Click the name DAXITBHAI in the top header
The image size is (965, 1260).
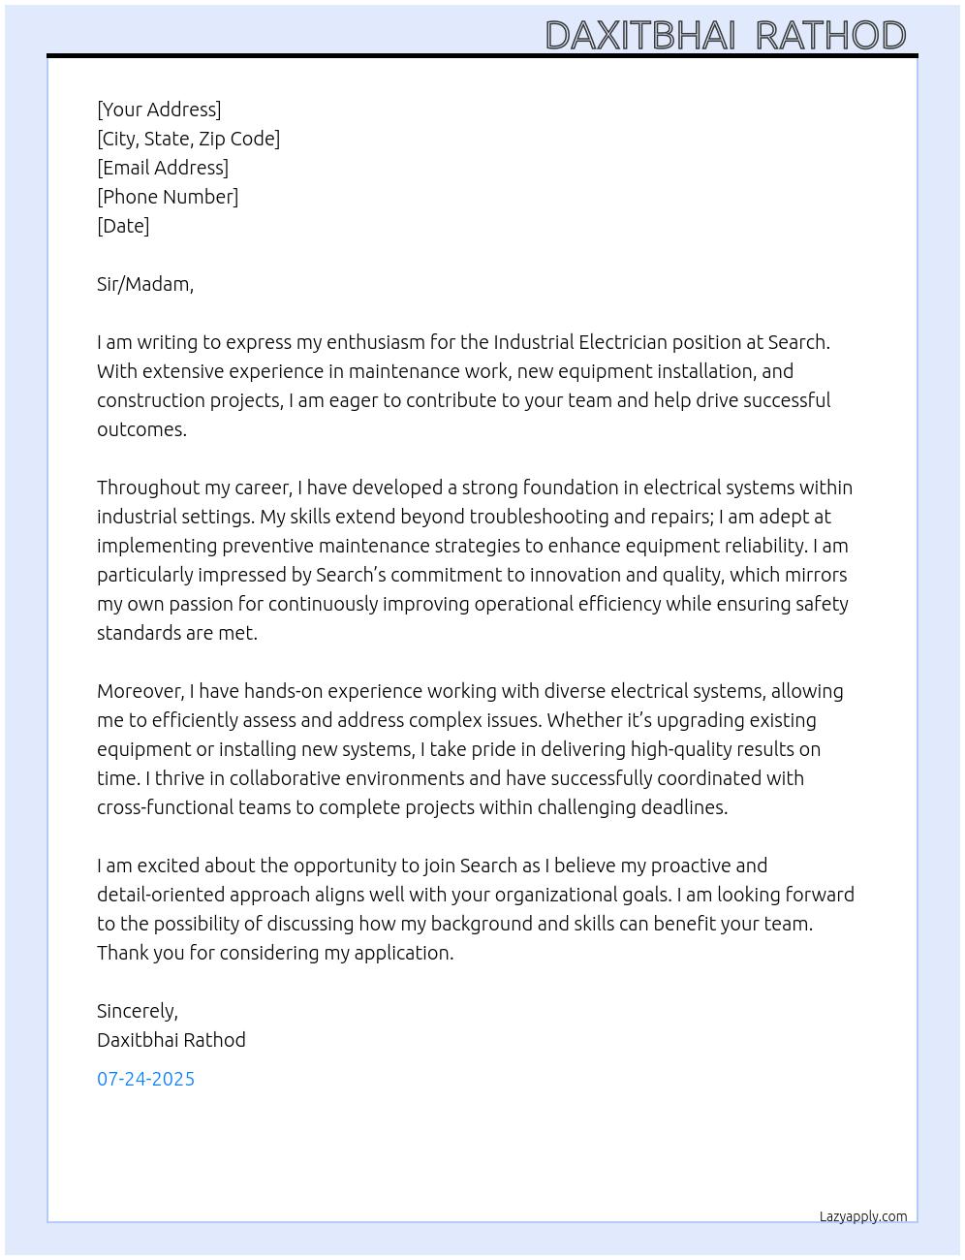tap(640, 36)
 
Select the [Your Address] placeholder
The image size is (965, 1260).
tap(159, 110)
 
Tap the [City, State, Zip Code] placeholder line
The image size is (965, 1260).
tap(188, 139)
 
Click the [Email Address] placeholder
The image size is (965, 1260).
tap(163, 168)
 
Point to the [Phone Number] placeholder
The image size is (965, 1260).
tap(168, 197)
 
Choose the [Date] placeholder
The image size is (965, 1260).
tap(123, 226)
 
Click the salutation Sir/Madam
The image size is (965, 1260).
tap(144, 284)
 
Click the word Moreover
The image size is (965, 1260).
tap(140, 691)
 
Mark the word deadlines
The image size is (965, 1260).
tap(682, 807)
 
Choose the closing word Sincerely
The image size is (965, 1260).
tap(137, 1011)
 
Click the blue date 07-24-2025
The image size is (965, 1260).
tap(145, 1079)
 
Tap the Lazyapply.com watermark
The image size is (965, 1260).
tap(863, 1216)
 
